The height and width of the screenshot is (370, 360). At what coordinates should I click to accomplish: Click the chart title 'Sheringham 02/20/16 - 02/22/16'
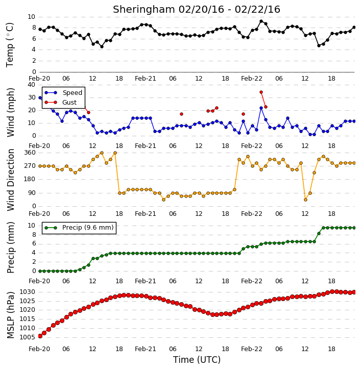(x=197, y=10)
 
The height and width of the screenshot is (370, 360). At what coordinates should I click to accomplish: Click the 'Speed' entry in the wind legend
(x=72, y=93)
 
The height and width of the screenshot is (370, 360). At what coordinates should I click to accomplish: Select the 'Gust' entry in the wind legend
(x=69, y=103)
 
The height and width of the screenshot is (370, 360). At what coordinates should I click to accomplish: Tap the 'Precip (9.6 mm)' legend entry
(x=88, y=228)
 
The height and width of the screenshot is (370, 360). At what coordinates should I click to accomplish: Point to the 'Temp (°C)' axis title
(x=10, y=45)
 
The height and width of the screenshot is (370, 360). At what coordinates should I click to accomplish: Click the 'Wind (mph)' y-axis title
(x=11, y=112)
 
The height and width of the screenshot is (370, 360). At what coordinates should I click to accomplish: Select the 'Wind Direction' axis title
(x=11, y=180)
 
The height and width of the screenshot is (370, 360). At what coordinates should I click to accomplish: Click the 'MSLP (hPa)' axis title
(x=11, y=315)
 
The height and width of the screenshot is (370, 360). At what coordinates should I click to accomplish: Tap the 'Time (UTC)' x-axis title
(x=197, y=360)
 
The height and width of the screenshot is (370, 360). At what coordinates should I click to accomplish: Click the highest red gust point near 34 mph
(x=261, y=92)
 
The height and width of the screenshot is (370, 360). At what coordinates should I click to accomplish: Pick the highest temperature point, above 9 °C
(x=261, y=21)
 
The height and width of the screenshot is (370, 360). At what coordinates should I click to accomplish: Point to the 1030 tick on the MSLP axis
(x=27, y=292)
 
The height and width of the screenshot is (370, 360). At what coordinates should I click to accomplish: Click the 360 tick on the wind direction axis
(x=30, y=153)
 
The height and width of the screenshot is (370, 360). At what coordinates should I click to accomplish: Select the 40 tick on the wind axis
(x=31, y=85)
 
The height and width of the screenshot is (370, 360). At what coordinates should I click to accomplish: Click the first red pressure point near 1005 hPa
(x=40, y=336)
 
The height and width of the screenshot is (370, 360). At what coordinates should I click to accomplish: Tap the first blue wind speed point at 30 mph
(x=40, y=97)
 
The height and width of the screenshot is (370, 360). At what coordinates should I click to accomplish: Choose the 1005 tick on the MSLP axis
(x=27, y=337)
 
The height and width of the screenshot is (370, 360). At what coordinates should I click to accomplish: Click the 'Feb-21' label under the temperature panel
(x=146, y=79)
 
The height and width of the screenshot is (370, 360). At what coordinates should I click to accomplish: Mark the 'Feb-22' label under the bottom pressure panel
(x=252, y=349)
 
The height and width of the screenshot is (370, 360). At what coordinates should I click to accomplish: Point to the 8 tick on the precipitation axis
(x=34, y=235)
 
